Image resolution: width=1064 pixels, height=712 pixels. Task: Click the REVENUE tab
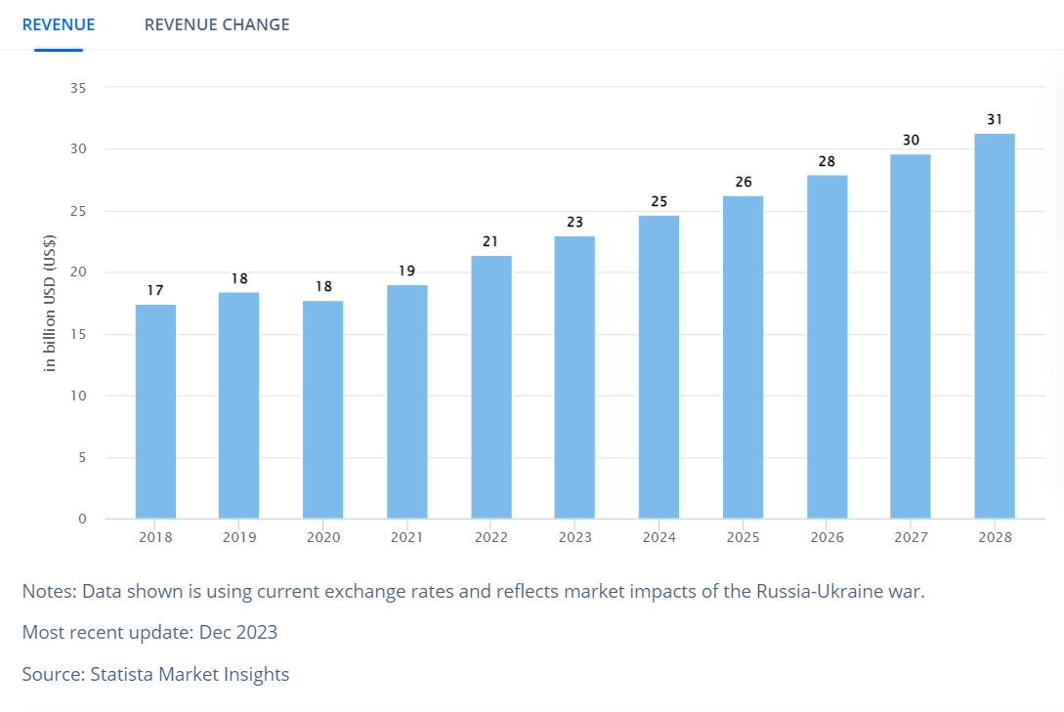(x=59, y=24)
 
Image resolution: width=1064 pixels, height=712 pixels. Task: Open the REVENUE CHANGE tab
(x=217, y=24)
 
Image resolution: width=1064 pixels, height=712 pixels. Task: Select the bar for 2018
(x=155, y=411)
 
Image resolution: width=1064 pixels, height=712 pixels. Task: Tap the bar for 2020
(x=323, y=409)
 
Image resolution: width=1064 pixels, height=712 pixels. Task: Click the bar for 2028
(x=995, y=326)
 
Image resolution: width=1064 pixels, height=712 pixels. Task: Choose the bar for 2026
(x=827, y=347)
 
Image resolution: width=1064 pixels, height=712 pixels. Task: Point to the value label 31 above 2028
(x=995, y=119)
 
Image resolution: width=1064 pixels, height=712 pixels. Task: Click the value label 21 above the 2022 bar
(x=490, y=241)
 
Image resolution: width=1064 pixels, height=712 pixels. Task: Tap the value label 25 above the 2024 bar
(x=659, y=201)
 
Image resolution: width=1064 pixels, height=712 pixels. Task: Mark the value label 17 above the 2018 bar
(x=155, y=290)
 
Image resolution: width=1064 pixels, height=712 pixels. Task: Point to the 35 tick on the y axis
(x=78, y=88)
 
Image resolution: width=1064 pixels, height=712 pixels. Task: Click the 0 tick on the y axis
(x=82, y=519)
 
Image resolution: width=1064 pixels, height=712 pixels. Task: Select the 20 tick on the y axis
(x=78, y=272)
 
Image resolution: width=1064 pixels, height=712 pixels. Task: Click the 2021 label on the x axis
(x=406, y=538)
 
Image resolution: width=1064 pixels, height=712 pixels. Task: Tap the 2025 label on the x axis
(x=743, y=538)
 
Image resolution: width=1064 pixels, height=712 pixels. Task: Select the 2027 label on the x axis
(x=911, y=538)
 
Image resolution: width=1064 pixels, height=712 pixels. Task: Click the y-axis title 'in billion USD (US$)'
(x=51, y=303)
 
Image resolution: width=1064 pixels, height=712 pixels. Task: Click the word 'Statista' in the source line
(x=124, y=674)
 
